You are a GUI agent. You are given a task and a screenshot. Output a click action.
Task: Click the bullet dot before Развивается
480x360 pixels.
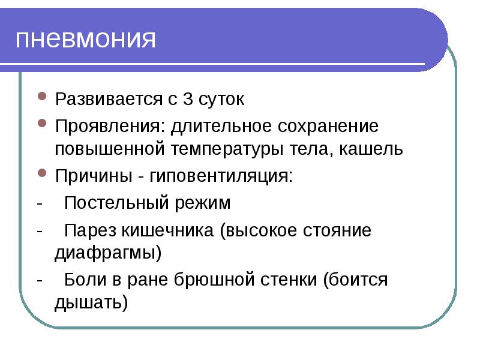pos(42,98)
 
